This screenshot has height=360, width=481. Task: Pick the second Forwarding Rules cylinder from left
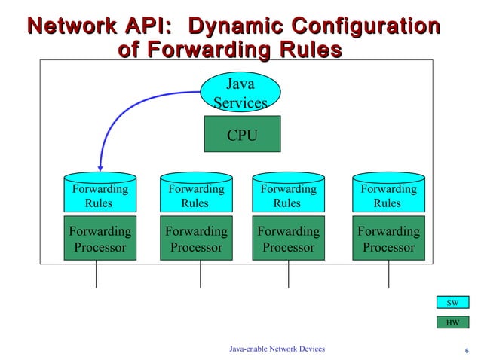click(196, 195)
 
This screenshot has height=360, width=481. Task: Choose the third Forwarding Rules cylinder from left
click(288, 195)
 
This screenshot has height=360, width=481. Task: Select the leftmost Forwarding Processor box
click(100, 239)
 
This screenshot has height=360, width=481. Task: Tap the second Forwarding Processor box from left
click(196, 239)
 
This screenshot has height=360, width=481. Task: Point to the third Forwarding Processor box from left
click(288, 239)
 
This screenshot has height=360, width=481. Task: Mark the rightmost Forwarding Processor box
click(388, 239)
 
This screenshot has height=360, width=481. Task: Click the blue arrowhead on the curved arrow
click(100, 166)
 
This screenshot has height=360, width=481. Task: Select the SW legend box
click(452, 303)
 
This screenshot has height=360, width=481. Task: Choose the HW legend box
click(452, 323)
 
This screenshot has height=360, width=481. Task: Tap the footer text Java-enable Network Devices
click(277, 349)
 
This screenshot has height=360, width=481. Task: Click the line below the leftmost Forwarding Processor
click(96, 274)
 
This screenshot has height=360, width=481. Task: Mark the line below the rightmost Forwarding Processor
click(389, 274)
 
